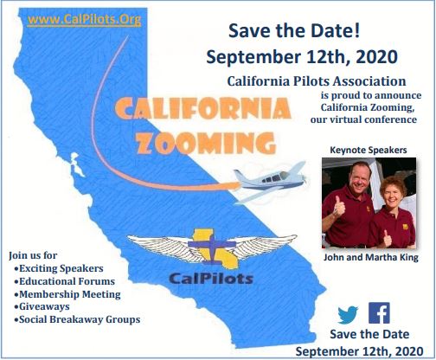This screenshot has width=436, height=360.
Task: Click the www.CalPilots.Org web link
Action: click(x=84, y=20)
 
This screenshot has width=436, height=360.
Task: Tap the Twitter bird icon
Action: click(x=348, y=314)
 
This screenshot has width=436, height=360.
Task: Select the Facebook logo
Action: click(x=379, y=313)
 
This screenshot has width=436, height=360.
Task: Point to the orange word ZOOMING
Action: click(x=207, y=144)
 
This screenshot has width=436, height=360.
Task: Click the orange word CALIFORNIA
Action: click(x=202, y=108)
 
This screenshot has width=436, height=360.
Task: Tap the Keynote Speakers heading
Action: click(x=369, y=150)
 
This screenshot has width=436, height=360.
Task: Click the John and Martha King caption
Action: click(x=370, y=257)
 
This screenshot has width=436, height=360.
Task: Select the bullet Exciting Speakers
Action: click(x=59, y=268)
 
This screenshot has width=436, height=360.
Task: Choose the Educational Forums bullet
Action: click(x=64, y=281)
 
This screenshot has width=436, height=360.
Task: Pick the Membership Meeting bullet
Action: click(x=67, y=294)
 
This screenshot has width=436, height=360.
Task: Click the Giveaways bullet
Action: click(x=42, y=306)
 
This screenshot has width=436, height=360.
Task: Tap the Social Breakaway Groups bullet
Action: click(x=77, y=319)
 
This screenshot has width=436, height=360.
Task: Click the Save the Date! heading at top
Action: click(x=294, y=31)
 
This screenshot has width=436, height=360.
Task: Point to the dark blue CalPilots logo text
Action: click(x=211, y=279)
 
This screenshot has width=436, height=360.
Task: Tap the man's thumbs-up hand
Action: click(x=339, y=206)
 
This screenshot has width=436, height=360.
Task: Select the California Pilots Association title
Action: click(x=317, y=81)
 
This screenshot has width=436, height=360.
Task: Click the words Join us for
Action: click(x=33, y=255)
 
